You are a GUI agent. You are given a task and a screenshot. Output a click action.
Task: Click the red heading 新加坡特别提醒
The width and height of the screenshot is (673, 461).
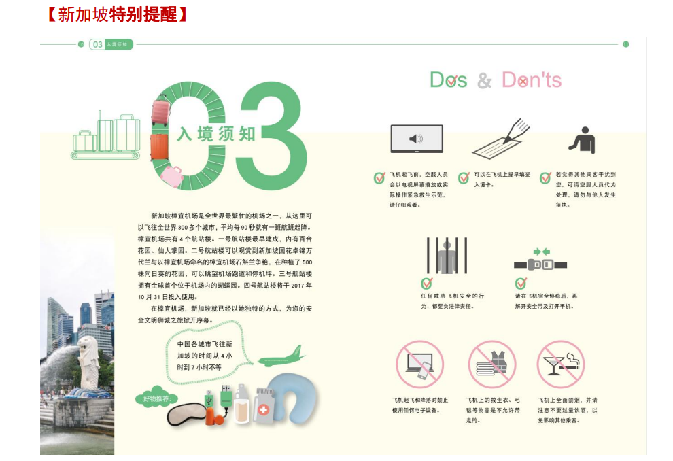click(117, 14)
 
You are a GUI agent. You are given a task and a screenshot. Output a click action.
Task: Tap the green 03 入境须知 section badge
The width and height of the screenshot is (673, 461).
click(111, 44)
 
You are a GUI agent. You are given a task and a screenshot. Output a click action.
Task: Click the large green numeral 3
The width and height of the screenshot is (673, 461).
click(274, 135)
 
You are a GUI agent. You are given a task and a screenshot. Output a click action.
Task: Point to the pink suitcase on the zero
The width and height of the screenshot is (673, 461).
click(160, 110)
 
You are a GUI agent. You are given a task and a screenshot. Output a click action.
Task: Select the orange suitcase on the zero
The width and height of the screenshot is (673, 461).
click(159, 148)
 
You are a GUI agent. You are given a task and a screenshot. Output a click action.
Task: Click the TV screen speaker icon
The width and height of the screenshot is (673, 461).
click(416, 139)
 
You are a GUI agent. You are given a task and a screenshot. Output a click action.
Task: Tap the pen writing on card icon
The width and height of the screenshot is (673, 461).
click(500, 138)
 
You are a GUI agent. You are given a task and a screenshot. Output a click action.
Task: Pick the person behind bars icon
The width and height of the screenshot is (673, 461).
click(447, 256)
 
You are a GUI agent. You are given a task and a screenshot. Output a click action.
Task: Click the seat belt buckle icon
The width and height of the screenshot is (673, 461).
click(540, 261)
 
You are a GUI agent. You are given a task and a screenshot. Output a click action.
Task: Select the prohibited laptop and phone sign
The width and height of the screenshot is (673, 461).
click(419, 364)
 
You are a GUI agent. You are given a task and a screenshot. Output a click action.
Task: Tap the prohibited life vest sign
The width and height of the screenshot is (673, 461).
click(492, 364)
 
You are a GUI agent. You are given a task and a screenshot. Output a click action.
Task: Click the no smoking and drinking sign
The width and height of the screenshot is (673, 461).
click(561, 364)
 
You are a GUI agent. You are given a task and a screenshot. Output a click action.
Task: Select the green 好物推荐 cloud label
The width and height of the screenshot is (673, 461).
click(156, 398)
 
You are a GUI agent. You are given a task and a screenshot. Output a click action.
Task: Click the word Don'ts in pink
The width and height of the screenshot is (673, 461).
click(532, 80)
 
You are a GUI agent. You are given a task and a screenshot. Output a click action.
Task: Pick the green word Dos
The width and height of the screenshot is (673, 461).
click(449, 80)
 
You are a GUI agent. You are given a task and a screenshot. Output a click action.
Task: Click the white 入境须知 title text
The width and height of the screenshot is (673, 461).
click(216, 134)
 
